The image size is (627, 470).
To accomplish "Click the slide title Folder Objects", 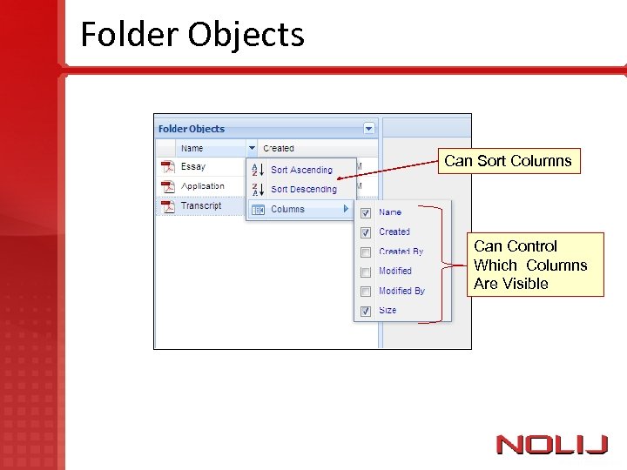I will pos(192,35).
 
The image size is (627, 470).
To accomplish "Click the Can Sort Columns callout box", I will pos(508,161).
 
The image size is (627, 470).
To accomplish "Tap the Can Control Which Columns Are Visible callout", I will pos(530,265).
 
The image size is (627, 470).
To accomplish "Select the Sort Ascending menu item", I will pos(301,170).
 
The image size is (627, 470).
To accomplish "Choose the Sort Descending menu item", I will pos(303,189).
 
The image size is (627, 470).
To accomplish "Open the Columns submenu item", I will pos(288,209).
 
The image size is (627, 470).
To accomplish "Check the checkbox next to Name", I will pos(366,212).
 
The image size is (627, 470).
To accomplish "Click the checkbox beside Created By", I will pos(366,252).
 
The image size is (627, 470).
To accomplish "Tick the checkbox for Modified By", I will pos(366,291).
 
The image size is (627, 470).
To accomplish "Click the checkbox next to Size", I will pos(366,311).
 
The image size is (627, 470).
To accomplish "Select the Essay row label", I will pos(192,166).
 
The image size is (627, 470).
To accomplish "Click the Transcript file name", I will pos(201,206).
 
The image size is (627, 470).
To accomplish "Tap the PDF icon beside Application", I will pos(166,186).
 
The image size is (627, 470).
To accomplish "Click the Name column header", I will pos(192,148).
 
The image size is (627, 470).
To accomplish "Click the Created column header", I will pos(279,148).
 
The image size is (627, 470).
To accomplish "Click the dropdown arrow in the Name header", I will pos(252,148).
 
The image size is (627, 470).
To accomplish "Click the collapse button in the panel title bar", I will pos(369,128).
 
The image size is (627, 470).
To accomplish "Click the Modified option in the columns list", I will pos(395,271).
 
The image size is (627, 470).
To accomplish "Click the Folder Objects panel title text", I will pos(192,129).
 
